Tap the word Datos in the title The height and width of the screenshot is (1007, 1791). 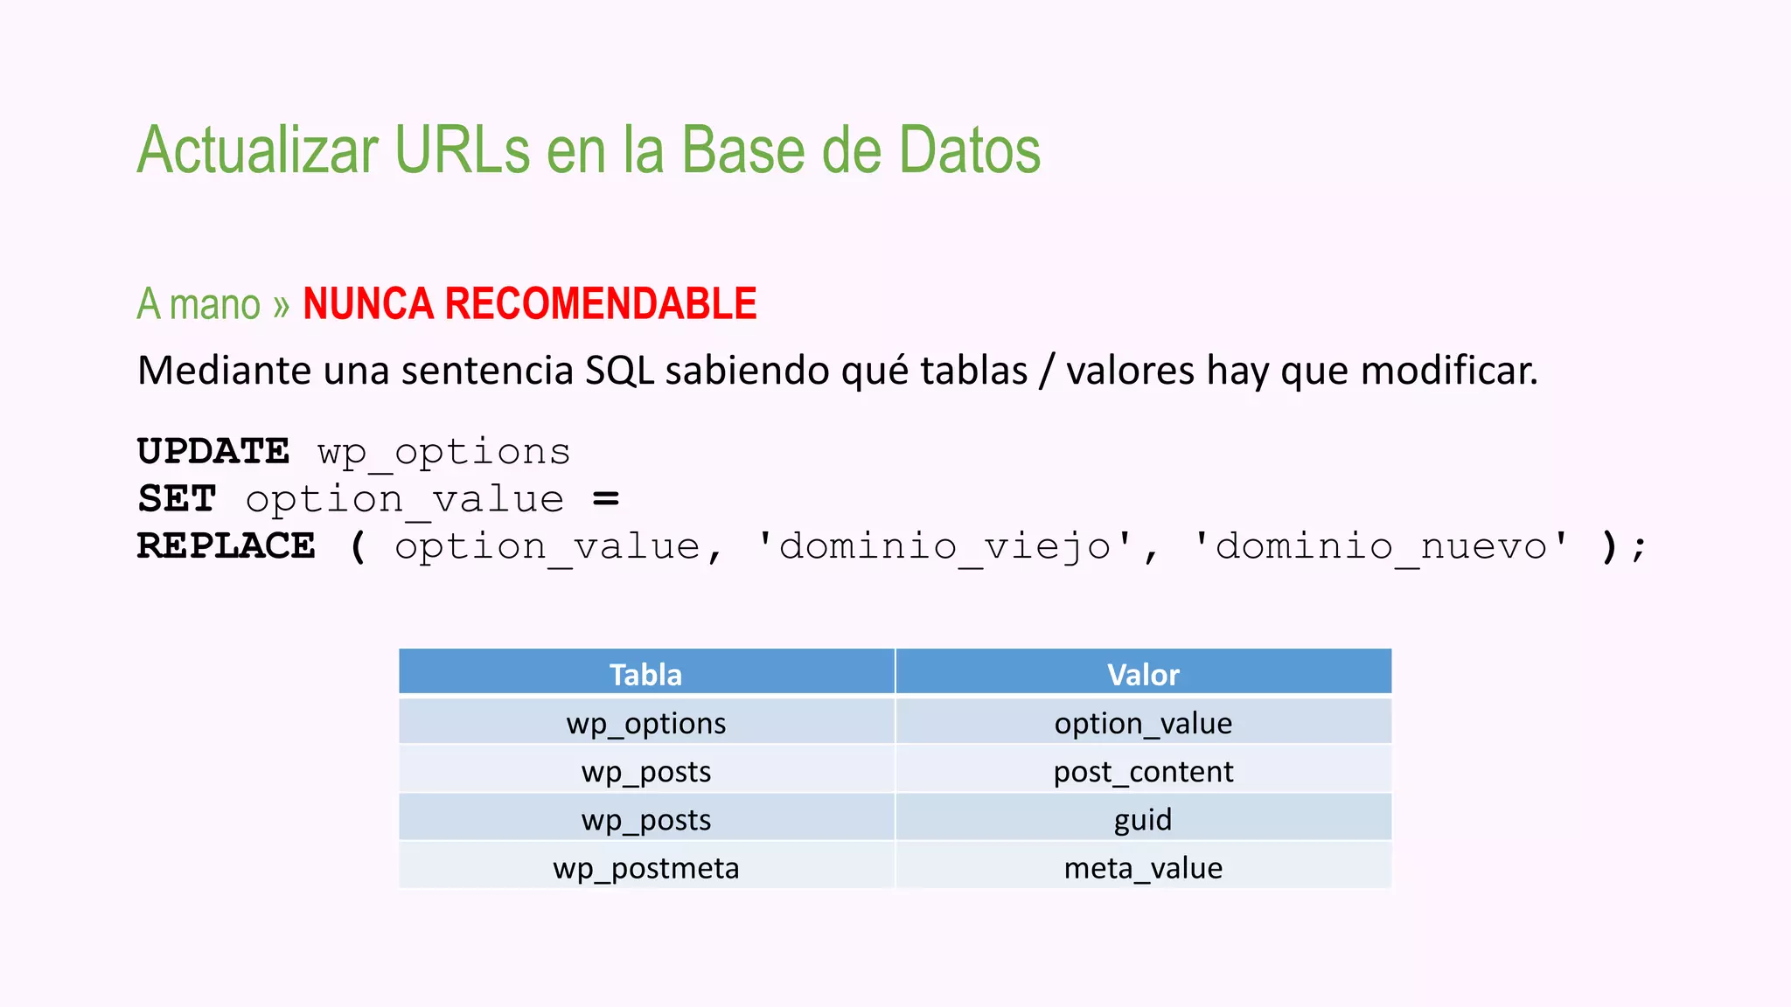(969, 150)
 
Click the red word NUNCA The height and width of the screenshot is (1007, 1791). (367, 304)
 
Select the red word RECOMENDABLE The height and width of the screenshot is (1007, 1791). (601, 304)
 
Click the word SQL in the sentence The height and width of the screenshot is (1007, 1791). (619, 371)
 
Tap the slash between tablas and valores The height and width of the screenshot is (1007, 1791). (1046, 371)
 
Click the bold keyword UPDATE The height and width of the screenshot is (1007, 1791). (213, 452)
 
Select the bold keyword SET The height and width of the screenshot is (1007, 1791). (177, 499)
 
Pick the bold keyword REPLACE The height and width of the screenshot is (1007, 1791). (226, 546)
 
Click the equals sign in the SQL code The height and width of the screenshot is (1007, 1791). (606, 499)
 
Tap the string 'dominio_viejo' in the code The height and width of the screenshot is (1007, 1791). (944, 547)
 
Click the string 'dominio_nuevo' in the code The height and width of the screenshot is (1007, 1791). (1382, 547)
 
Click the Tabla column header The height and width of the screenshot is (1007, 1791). (645, 675)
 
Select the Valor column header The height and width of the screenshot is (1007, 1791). (1143, 675)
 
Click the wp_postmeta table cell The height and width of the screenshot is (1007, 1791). (645, 868)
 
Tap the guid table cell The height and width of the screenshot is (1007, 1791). (1143, 820)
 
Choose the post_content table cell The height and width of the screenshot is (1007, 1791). (1143, 772)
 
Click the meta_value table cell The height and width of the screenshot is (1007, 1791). (1143, 868)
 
